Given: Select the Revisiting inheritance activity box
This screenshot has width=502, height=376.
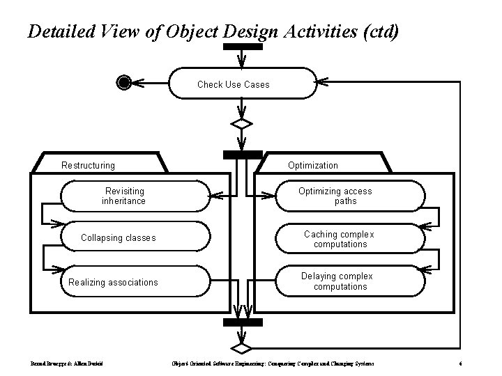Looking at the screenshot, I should (135, 196).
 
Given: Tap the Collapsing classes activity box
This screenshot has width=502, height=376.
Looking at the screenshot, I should (135, 238).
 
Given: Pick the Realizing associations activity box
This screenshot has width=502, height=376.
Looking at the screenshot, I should (135, 282).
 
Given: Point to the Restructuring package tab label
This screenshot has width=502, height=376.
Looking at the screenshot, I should (89, 165).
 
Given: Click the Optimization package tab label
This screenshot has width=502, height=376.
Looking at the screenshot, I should (313, 165).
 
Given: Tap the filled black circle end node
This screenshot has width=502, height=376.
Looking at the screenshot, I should (124, 83).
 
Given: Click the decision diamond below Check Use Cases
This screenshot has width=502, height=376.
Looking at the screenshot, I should (242, 125).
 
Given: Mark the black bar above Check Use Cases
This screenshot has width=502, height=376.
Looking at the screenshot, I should (242, 47).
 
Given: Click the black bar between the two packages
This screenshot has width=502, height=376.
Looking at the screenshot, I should (242, 154).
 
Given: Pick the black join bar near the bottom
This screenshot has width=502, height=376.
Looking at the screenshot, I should (242, 322).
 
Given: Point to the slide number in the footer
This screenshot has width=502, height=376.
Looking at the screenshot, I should (462, 363).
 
